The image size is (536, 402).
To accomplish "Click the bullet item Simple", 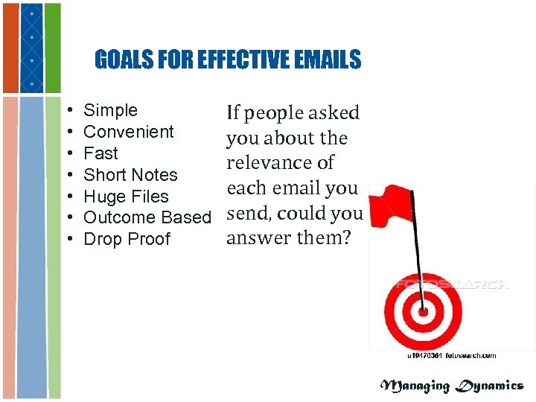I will pyautogui.click(x=111, y=111).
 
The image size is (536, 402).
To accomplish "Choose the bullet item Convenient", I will pyautogui.click(x=129, y=133).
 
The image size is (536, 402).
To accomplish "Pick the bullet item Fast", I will pyautogui.click(x=101, y=154).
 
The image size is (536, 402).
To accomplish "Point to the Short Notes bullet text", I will pyautogui.click(x=131, y=176).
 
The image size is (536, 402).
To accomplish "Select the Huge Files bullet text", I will pyautogui.click(x=127, y=197).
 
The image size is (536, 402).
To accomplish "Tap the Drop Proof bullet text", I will pyautogui.click(x=127, y=240).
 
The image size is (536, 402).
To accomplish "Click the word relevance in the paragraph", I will pyautogui.click(x=280, y=163).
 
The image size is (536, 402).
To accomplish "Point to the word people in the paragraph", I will pyautogui.click(x=278, y=114).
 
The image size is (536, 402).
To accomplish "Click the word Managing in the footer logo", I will pyautogui.click(x=415, y=386).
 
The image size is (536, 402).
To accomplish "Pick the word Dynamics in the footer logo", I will pyautogui.click(x=491, y=386).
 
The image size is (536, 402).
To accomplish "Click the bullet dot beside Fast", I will pyautogui.click(x=68, y=154).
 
